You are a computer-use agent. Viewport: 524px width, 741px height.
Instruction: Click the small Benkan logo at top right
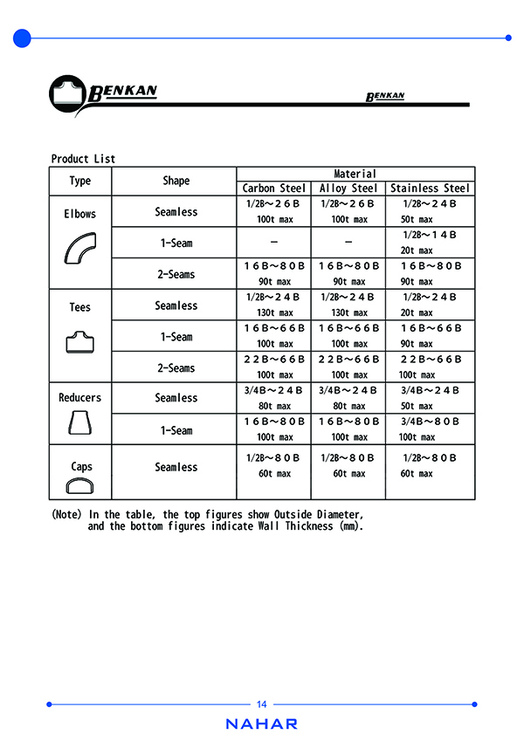(x=385, y=96)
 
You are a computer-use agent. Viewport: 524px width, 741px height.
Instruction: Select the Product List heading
(x=83, y=159)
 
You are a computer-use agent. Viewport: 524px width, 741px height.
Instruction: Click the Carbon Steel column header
(x=273, y=188)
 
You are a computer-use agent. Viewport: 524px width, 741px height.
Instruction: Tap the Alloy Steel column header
(x=348, y=188)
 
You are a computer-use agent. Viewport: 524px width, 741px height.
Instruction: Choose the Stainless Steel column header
(x=430, y=188)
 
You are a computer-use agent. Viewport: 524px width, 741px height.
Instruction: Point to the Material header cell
(x=355, y=174)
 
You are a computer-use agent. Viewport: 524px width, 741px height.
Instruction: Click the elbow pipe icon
(x=80, y=248)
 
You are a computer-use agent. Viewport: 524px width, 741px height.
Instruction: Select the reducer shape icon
(x=79, y=424)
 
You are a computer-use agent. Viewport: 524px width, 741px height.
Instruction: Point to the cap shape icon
(x=80, y=487)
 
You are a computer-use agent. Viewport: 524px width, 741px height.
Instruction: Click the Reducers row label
(x=79, y=398)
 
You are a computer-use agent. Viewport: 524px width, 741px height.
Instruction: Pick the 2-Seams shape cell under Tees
(x=176, y=368)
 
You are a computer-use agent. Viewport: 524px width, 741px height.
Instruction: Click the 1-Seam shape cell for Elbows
(x=176, y=244)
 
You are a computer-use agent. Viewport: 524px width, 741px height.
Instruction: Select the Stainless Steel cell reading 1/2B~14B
(x=430, y=235)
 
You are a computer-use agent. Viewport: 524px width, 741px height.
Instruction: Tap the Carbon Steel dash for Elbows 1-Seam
(x=273, y=241)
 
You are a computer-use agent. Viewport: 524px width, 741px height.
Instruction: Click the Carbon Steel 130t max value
(x=273, y=313)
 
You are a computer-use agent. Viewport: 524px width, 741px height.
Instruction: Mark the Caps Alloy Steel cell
(x=348, y=465)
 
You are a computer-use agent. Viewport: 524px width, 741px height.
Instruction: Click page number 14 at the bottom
(x=262, y=704)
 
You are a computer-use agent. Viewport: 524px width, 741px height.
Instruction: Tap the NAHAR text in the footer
(x=261, y=724)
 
